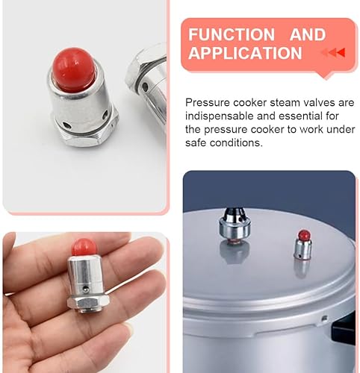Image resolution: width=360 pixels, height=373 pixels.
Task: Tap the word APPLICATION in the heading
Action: [x=245, y=54]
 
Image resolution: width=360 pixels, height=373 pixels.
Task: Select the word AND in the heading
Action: [x=308, y=35]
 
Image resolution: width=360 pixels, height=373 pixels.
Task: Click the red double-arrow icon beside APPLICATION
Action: [x=332, y=53]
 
